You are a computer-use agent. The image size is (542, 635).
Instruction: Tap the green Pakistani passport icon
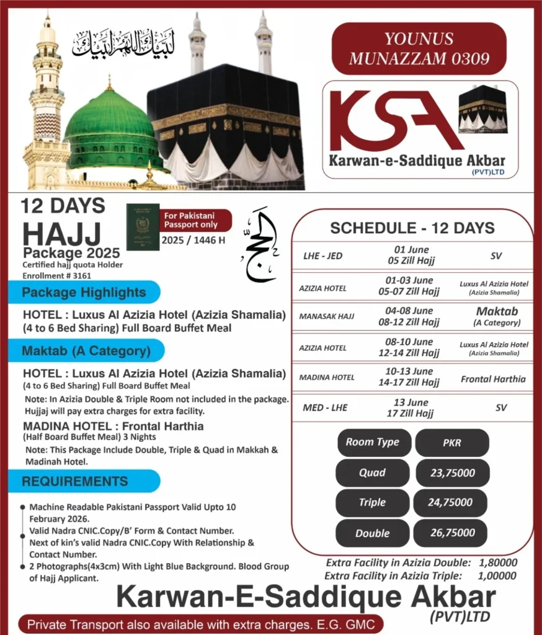click(x=143, y=226)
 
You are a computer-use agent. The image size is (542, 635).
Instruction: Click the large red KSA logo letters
click(x=391, y=121)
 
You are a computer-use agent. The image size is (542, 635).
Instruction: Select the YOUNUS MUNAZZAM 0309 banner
click(x=419, y=49)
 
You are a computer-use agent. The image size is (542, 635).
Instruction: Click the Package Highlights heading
click(x=84, y=292)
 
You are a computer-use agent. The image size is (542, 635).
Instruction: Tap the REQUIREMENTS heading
click(x=75, y=481)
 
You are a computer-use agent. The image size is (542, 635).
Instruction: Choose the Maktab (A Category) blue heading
click(x=86, y=351)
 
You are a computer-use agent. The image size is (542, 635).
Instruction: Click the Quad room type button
click(x=372, y=473)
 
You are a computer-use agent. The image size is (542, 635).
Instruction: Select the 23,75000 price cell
click(x=452, y=473)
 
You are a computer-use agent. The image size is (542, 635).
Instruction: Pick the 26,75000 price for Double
click(x=452, y=533)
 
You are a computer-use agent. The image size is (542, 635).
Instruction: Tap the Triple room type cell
click(x=372, y=503)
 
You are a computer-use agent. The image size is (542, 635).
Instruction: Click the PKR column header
click(x=452, y=442)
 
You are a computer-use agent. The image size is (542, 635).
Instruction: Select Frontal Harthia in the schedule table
click(x=493, y=379)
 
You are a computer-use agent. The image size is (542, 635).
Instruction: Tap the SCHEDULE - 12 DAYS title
click(x=412, y=228)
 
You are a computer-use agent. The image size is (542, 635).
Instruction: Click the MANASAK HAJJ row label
click(x=326, y=316)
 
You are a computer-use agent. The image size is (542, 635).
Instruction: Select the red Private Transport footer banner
click(x=201, y=624)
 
